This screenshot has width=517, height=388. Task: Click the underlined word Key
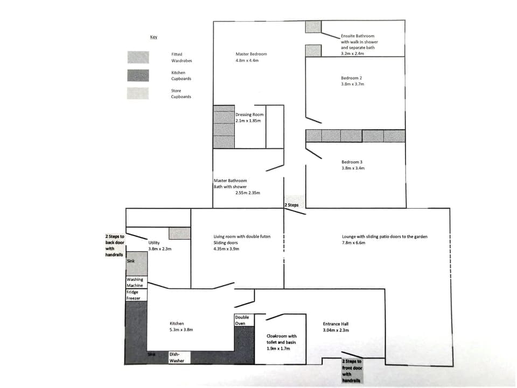[153, 37]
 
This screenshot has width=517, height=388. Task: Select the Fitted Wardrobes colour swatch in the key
[138, 57]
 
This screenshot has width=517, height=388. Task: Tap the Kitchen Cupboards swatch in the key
[138, 75]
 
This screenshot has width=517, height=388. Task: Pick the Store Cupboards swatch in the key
[138, 93]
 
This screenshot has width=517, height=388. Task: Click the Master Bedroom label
[251, 54]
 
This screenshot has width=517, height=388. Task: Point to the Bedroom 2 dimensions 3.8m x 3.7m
[352, 84]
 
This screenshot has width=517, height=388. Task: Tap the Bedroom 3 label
[353, 162]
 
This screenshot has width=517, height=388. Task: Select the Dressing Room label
[249, 114]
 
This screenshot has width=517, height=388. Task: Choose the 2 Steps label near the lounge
[291, 205]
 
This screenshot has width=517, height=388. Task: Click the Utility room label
[153, 243]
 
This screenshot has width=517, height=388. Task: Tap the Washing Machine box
[135, 282]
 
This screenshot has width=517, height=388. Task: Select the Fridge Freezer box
[133, 295]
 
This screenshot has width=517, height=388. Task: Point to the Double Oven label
[242, 320]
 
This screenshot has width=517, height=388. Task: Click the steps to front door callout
[352, 370]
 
